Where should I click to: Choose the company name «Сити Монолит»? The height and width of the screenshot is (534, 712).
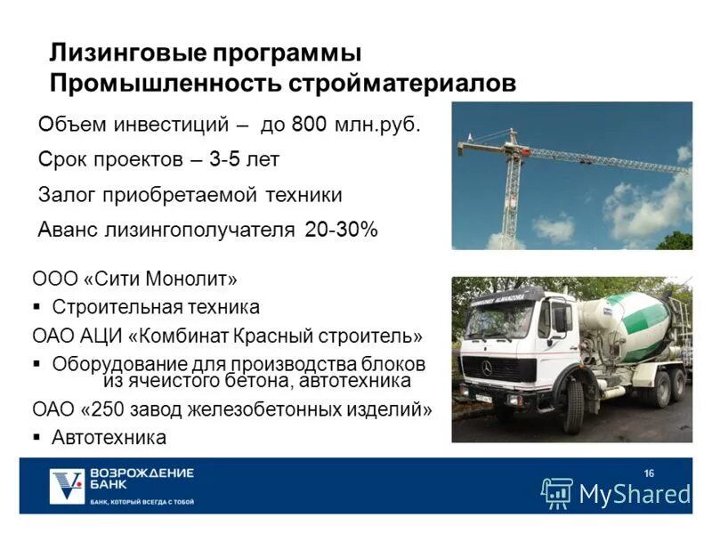click(x=160, y=279)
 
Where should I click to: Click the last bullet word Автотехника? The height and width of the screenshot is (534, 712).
click(x=109, y=437)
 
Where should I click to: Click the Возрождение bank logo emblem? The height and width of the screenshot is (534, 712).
click(x=67, y=486)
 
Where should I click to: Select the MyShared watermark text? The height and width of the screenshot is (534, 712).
click(x=635, y=493)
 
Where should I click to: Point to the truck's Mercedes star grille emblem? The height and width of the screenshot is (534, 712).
click(x=486, y=367)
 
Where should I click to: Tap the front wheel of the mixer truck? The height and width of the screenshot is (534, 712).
click(x=574, y=405)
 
